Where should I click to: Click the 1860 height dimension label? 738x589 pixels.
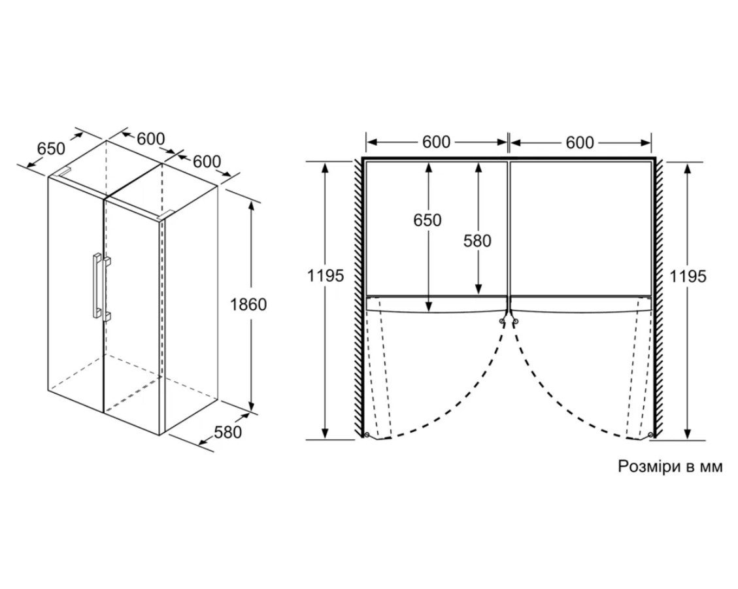pyautogui.click(x=248, y=305)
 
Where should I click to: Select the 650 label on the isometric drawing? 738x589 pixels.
pyautogui.click(x=51, y=148)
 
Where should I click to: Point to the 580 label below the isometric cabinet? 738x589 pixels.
pyautogui.click(x=227, y=431)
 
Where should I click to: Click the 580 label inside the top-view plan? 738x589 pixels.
pyautogui.click(x=477, y=241)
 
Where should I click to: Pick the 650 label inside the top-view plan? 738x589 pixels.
pyautogui.click(x=428, y=220)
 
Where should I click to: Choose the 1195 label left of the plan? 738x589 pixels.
pyautogui.click(x=326, y=275)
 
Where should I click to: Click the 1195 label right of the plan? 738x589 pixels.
pyautogui.click(x=688, y=277)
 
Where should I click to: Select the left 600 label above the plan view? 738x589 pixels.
pyautogui.click(x=436, y=142)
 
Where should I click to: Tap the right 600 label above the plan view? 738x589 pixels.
pyautogui.click(x=580, y=142)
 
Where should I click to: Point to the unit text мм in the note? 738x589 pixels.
pyautogui.click(x=711, y=467)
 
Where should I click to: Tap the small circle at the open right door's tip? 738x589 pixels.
pyautogui.click(x=650, y=434)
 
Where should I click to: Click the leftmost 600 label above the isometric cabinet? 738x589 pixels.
pyautogui.click(x=150, y=139)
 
